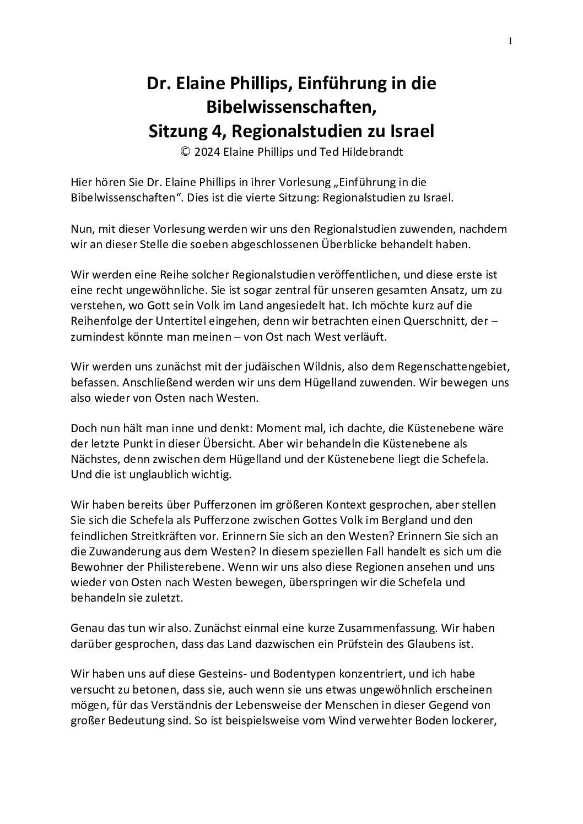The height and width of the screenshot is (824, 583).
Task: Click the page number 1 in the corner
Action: [510, 40]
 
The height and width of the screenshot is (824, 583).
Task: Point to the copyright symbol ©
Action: [185, 152]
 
